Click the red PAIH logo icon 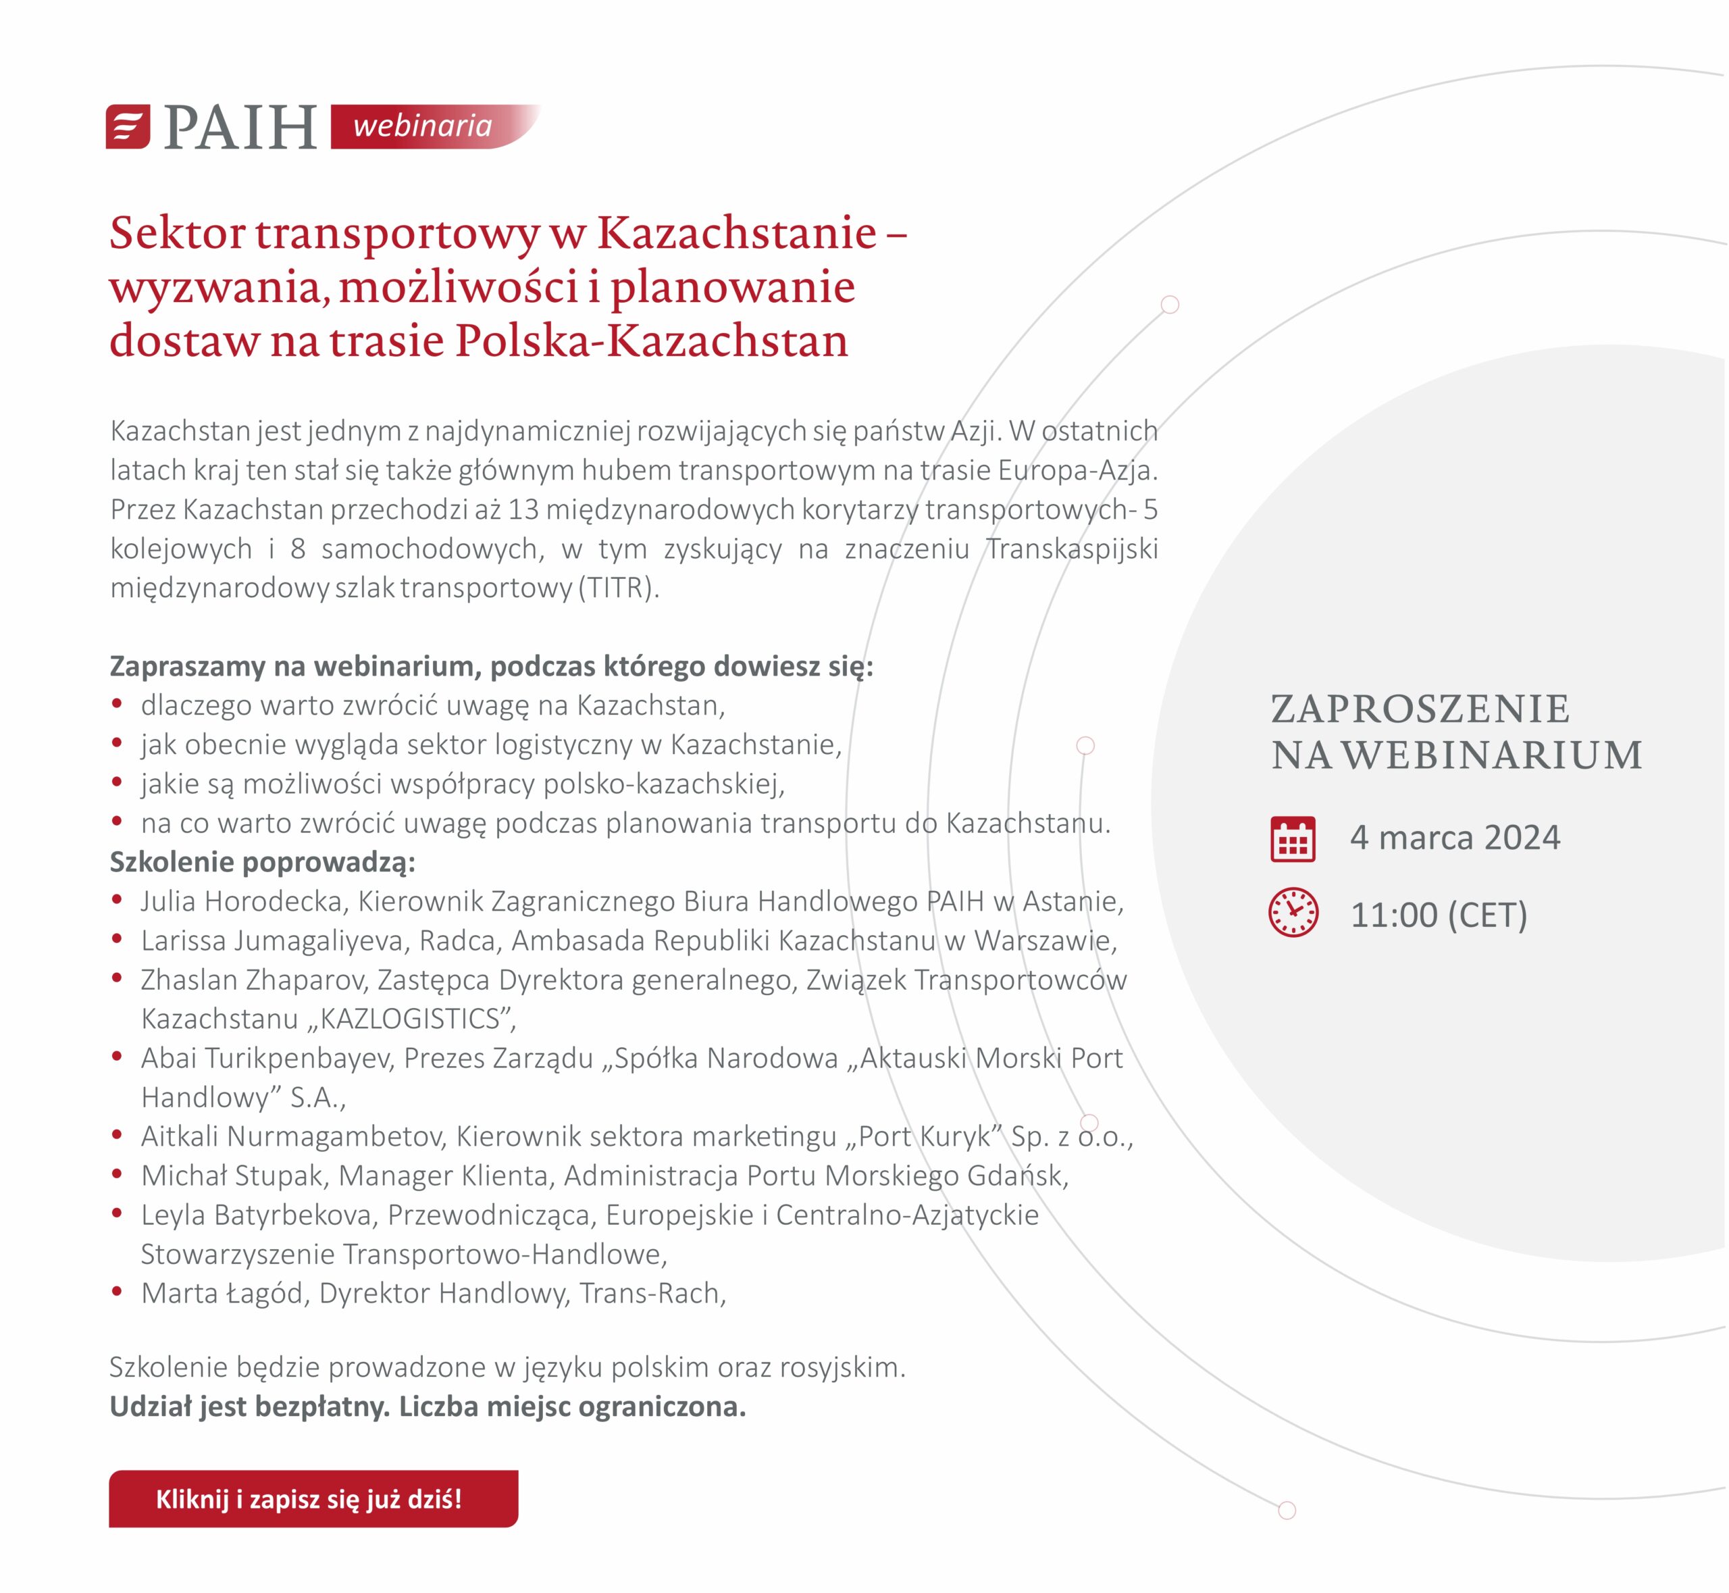[128, 127]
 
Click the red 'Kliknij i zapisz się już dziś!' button [313, 1499]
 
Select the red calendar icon [1292, 839]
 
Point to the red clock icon [1293, 912]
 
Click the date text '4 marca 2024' [1455, 838]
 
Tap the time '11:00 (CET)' [1439, 915]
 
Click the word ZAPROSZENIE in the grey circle [1420, 709]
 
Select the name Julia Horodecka [244, 902]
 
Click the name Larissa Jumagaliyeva [276, 940]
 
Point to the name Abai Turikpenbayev [267, 1059]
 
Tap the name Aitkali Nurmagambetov [293, 1137]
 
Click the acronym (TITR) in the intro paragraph [618, 588]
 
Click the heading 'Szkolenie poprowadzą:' [262, 862]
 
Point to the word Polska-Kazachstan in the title [652, 340]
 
